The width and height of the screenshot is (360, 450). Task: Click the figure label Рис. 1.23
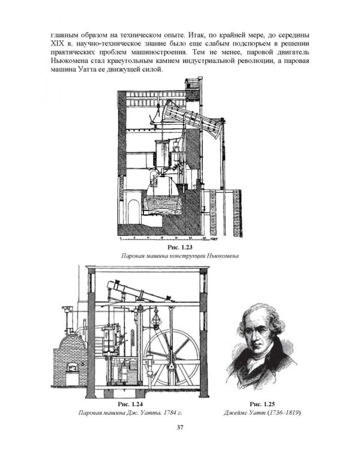pos(180,247)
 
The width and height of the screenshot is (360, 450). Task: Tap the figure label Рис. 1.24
pos(130,404)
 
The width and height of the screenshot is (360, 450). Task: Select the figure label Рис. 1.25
pos(262,404)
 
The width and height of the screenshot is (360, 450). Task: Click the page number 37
pos(180,427)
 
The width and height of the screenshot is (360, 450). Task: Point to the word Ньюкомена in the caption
pos(223,256)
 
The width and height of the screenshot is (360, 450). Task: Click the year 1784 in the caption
pos(170,413)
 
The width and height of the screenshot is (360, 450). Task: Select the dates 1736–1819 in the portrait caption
pos(283,413)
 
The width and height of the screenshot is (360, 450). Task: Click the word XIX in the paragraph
pos(56,44)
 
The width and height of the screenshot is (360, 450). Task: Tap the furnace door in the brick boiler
pos(72,367)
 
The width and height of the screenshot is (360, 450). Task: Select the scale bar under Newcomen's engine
pos(168,238)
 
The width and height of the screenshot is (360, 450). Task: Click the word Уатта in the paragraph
pos(86,70)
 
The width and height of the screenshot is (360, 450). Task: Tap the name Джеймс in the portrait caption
pos(235,413)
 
